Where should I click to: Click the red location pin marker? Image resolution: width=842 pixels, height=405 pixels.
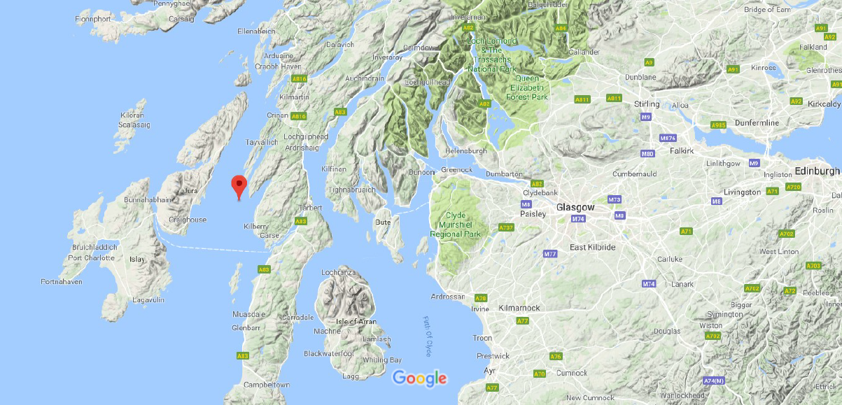[239, 186]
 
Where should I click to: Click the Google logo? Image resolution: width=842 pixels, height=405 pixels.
[419, 378]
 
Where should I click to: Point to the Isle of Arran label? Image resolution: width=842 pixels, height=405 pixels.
[356, 322]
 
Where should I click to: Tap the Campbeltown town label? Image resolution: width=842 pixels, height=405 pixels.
[266, 385]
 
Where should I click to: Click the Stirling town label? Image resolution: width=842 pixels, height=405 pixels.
[646, 104]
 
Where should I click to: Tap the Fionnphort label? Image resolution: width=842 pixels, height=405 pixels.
[94, 19]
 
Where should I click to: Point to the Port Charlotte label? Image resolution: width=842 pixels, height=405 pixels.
[91, 257]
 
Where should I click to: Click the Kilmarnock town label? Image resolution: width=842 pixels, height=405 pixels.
[519, 308]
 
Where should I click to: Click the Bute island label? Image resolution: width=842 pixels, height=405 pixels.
[382, 222]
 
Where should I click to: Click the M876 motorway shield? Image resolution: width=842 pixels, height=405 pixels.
[668, 137]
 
